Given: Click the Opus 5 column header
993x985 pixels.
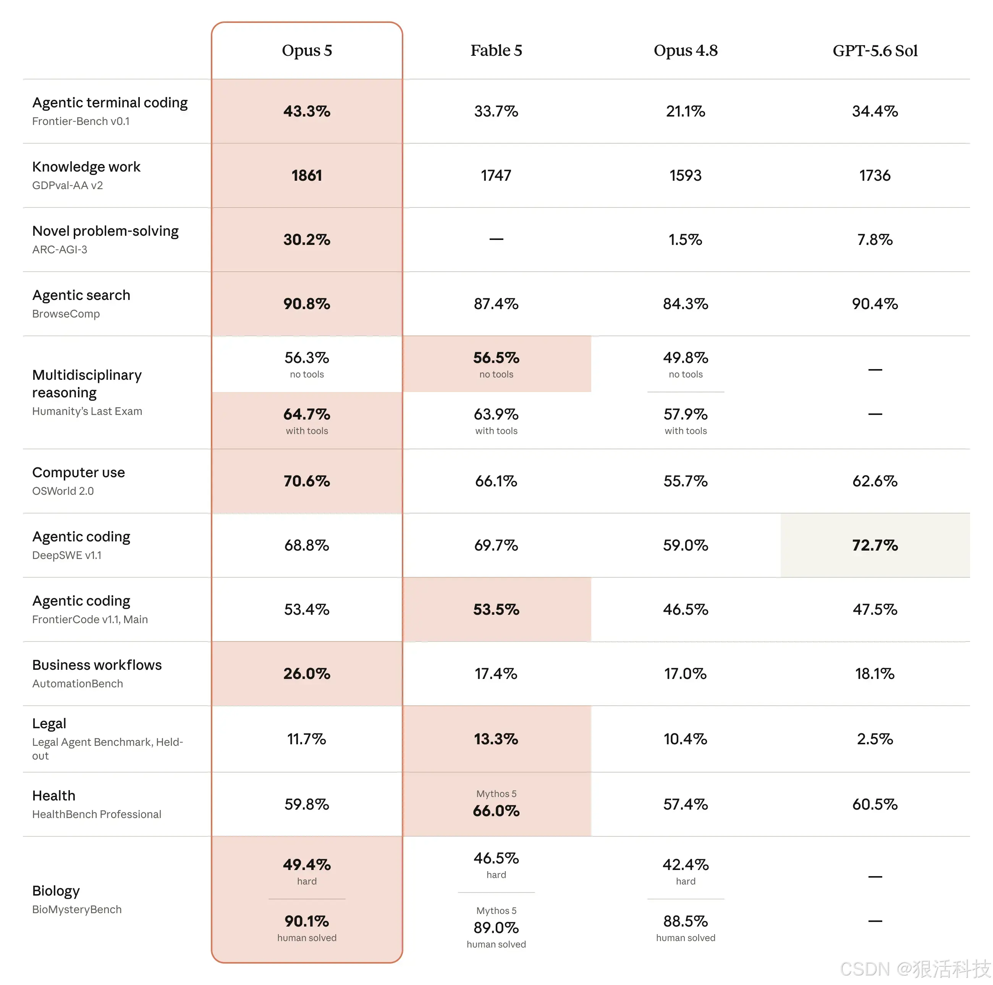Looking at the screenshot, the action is pos(307,50).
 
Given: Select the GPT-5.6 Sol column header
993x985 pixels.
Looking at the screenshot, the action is pos(875,50).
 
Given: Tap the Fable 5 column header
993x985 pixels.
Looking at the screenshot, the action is pos(496,50).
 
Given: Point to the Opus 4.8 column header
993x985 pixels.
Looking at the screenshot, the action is pos(686,50).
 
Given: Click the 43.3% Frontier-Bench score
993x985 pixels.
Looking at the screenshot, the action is pos(307,111).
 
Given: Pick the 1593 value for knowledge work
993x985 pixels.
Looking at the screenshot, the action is pos(686,175).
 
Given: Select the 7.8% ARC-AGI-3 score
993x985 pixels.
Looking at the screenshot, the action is pos(875,240).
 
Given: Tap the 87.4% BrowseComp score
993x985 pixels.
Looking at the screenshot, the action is pos(496,304).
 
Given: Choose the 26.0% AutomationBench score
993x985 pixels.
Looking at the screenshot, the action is pos(307,674).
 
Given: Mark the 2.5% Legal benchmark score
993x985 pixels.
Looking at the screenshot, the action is pos(875,739).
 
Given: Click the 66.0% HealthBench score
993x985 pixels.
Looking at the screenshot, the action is pos(496,811).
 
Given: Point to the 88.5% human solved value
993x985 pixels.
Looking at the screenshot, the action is pos(686,921).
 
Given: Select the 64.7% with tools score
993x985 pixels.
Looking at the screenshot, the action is pos(307,414).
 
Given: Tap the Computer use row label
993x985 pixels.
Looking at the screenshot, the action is pos(79,473).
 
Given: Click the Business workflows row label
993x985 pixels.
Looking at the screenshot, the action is pos(97,665).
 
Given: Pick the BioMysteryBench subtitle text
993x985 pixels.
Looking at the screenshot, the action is pos(77,909).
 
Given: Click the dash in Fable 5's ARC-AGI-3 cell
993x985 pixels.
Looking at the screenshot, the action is pos(496,239).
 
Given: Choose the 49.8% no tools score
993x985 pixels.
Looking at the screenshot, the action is pos(686,357).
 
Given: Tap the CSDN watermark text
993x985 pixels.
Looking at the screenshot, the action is pos(915,969).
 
